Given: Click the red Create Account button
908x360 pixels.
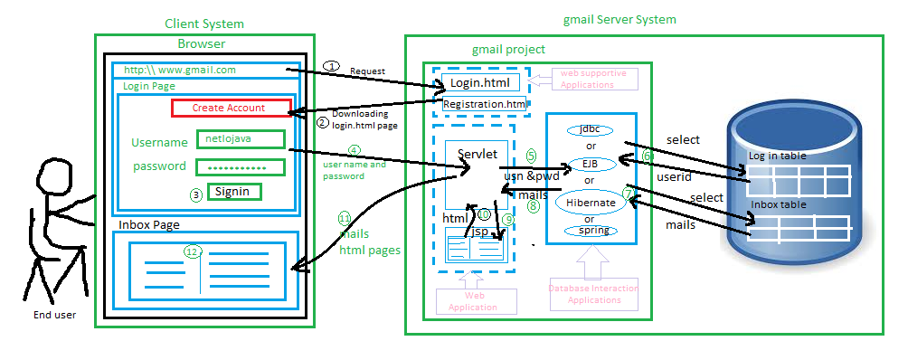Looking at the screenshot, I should tap(232, 108).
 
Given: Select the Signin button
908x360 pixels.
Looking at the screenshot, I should tap(234, 192).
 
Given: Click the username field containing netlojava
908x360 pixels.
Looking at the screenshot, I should tap(241, 140).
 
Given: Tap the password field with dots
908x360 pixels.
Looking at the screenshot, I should tap(241, 167).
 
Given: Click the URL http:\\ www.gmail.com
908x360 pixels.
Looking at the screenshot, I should tap(180, 70).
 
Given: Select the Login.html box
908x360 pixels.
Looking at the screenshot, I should tap(480, 83).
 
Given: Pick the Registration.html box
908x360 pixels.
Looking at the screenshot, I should tap(485, 105).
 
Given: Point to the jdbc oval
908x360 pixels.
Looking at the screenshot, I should tap(591, 129).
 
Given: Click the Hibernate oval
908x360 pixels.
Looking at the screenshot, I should tap(591, 203).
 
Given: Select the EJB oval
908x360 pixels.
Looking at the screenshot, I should tap(591, 164).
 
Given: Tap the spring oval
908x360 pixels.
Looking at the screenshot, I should tap(591, 231).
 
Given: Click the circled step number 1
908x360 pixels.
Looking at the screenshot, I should tap(332, 66).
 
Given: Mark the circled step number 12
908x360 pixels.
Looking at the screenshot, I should tap(191, 251).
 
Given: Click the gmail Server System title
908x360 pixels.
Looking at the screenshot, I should tap(619, 19).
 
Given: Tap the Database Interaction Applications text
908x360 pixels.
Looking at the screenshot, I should tap(594, 294).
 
